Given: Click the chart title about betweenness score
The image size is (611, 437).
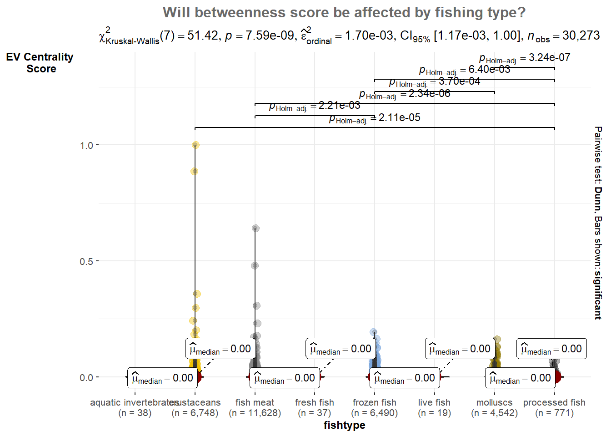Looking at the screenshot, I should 344,12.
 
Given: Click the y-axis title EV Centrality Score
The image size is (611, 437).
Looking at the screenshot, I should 40,63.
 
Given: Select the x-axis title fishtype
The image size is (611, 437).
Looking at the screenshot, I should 344,425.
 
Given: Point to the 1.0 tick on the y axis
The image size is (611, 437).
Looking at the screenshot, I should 86,145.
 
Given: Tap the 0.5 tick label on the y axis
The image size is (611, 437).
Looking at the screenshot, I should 86,261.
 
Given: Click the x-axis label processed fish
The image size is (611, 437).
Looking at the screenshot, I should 554,403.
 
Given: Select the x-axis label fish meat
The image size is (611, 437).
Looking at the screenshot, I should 255,403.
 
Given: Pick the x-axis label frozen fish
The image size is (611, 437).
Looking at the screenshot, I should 374,403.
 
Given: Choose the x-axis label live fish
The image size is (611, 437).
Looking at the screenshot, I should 434,403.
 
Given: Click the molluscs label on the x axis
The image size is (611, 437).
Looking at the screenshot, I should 494,403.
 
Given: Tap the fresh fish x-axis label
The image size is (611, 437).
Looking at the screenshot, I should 314,403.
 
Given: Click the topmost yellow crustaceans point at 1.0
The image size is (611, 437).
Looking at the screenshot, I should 195,145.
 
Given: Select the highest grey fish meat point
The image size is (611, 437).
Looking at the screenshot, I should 255,228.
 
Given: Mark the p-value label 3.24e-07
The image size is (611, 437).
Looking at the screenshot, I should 525,58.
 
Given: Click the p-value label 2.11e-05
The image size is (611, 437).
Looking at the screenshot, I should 375,118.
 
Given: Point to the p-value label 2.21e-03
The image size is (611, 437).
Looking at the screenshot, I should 315,106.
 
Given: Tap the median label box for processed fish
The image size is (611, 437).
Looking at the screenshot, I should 551,349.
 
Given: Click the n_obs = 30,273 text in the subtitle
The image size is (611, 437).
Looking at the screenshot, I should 564,36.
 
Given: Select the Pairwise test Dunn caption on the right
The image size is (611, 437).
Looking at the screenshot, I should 598,223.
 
